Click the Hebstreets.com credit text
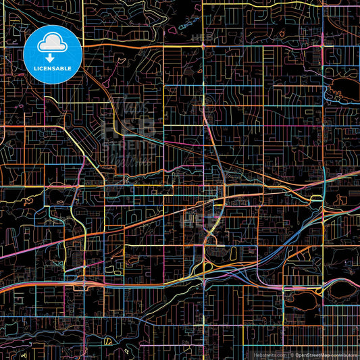point(269,353)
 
